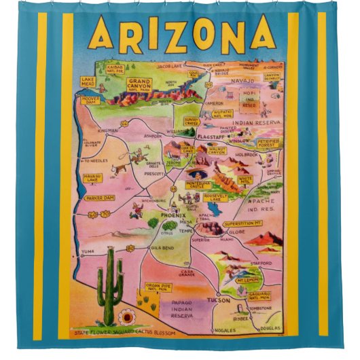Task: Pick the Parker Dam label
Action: [x=100, y=197]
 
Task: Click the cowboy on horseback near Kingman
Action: [x=134, y=158]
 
